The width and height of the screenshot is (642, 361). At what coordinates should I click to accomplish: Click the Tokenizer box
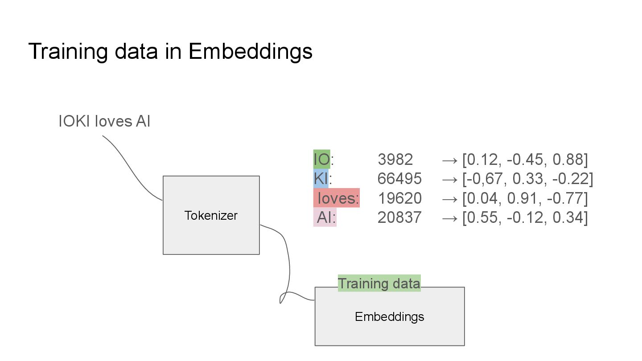(211, 215)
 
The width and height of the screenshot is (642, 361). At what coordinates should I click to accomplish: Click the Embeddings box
(389, 316)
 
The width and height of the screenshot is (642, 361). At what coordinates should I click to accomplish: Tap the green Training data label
(379, 283)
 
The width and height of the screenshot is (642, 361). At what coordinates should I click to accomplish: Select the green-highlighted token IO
(321, 159)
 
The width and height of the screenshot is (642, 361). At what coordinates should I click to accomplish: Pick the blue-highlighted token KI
(321, 178)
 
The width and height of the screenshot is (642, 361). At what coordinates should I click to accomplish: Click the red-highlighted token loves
(337, 198)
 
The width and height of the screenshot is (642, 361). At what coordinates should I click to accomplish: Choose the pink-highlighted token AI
(325, 217)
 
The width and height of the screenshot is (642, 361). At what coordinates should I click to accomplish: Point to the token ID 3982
(395, 159)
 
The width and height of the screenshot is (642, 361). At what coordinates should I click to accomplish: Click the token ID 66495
(399, 178)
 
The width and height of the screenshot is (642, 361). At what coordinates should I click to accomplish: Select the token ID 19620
(399, 198)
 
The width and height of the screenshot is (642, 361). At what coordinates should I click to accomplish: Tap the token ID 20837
(399, 217)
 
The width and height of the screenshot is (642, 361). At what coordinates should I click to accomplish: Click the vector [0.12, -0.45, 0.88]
(525, 159)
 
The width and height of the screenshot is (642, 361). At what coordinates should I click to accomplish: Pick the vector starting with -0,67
(527, 178)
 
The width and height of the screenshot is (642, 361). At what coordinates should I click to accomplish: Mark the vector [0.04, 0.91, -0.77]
(525, 198)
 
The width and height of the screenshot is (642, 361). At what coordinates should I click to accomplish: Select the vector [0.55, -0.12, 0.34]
(525, 217)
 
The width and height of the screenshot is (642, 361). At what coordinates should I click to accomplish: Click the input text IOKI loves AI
(104, 121)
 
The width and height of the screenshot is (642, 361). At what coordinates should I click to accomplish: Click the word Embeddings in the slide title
(250, 52)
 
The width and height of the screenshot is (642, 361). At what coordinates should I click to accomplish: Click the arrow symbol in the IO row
(450, 160)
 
